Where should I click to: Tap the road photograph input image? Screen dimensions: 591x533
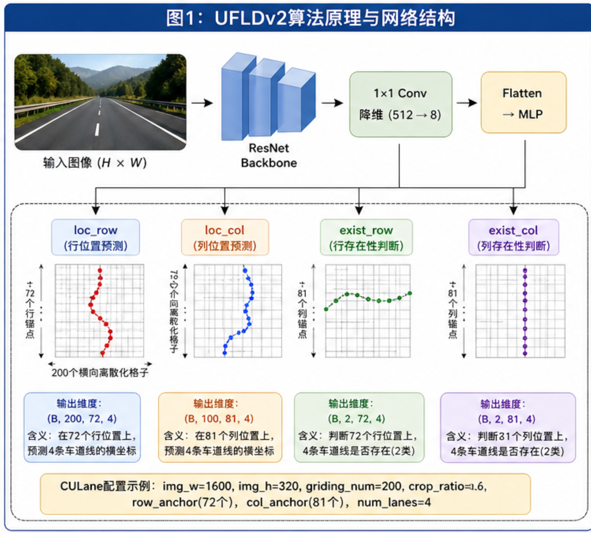[x=100, y=102]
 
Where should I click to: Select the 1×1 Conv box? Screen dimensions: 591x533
[x=401, y=104]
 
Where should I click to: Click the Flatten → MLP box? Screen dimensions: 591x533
[x=523, y=102]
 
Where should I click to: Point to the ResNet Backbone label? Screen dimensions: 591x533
[x=268, y=156]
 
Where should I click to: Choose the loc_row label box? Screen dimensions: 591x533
[x=95, y=237]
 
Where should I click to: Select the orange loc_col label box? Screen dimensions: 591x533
[x=225, y=237]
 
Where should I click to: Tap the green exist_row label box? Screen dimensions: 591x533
[x=366, y=237]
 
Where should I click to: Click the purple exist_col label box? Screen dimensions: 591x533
[x=513, y=237]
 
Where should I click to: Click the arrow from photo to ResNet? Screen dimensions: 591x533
[x=202, y=102]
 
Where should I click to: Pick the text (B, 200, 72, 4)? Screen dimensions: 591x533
[x=83, y=419]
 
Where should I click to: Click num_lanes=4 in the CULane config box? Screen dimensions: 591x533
[x=394, y=502]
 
